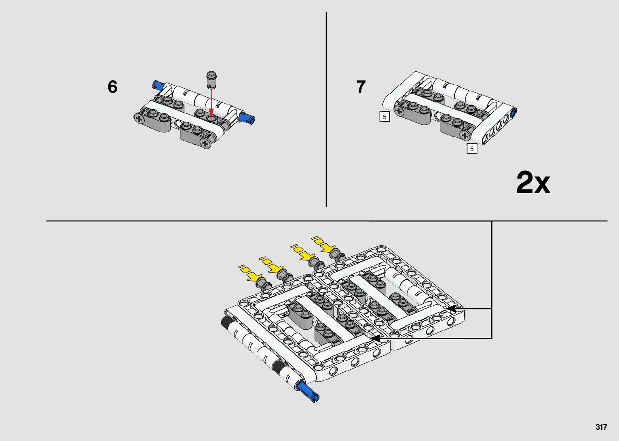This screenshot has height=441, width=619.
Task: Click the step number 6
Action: point(112,87)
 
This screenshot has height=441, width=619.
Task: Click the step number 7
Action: point(361,87)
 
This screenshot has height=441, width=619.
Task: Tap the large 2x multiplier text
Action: point(533,183)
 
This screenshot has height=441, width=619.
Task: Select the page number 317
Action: point(601,427)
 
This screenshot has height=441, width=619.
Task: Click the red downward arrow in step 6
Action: point(211,102)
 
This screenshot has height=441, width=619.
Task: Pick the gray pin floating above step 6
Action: point(211,80)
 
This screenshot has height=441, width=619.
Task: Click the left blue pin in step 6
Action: point(158,85)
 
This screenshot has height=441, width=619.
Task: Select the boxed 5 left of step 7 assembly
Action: point(384,117)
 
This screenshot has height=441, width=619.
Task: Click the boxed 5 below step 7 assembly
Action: point(472,149)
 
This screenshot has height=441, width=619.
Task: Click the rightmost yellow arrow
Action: point(323,244)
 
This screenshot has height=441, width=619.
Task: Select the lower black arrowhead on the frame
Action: point(375,338)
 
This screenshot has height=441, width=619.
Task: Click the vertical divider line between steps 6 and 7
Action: point(326,109)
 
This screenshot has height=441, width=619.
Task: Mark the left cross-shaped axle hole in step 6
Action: point(140,119)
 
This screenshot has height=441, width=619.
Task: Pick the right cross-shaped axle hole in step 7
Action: point(465,135)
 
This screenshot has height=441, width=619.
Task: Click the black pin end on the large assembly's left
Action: point(226,322)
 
